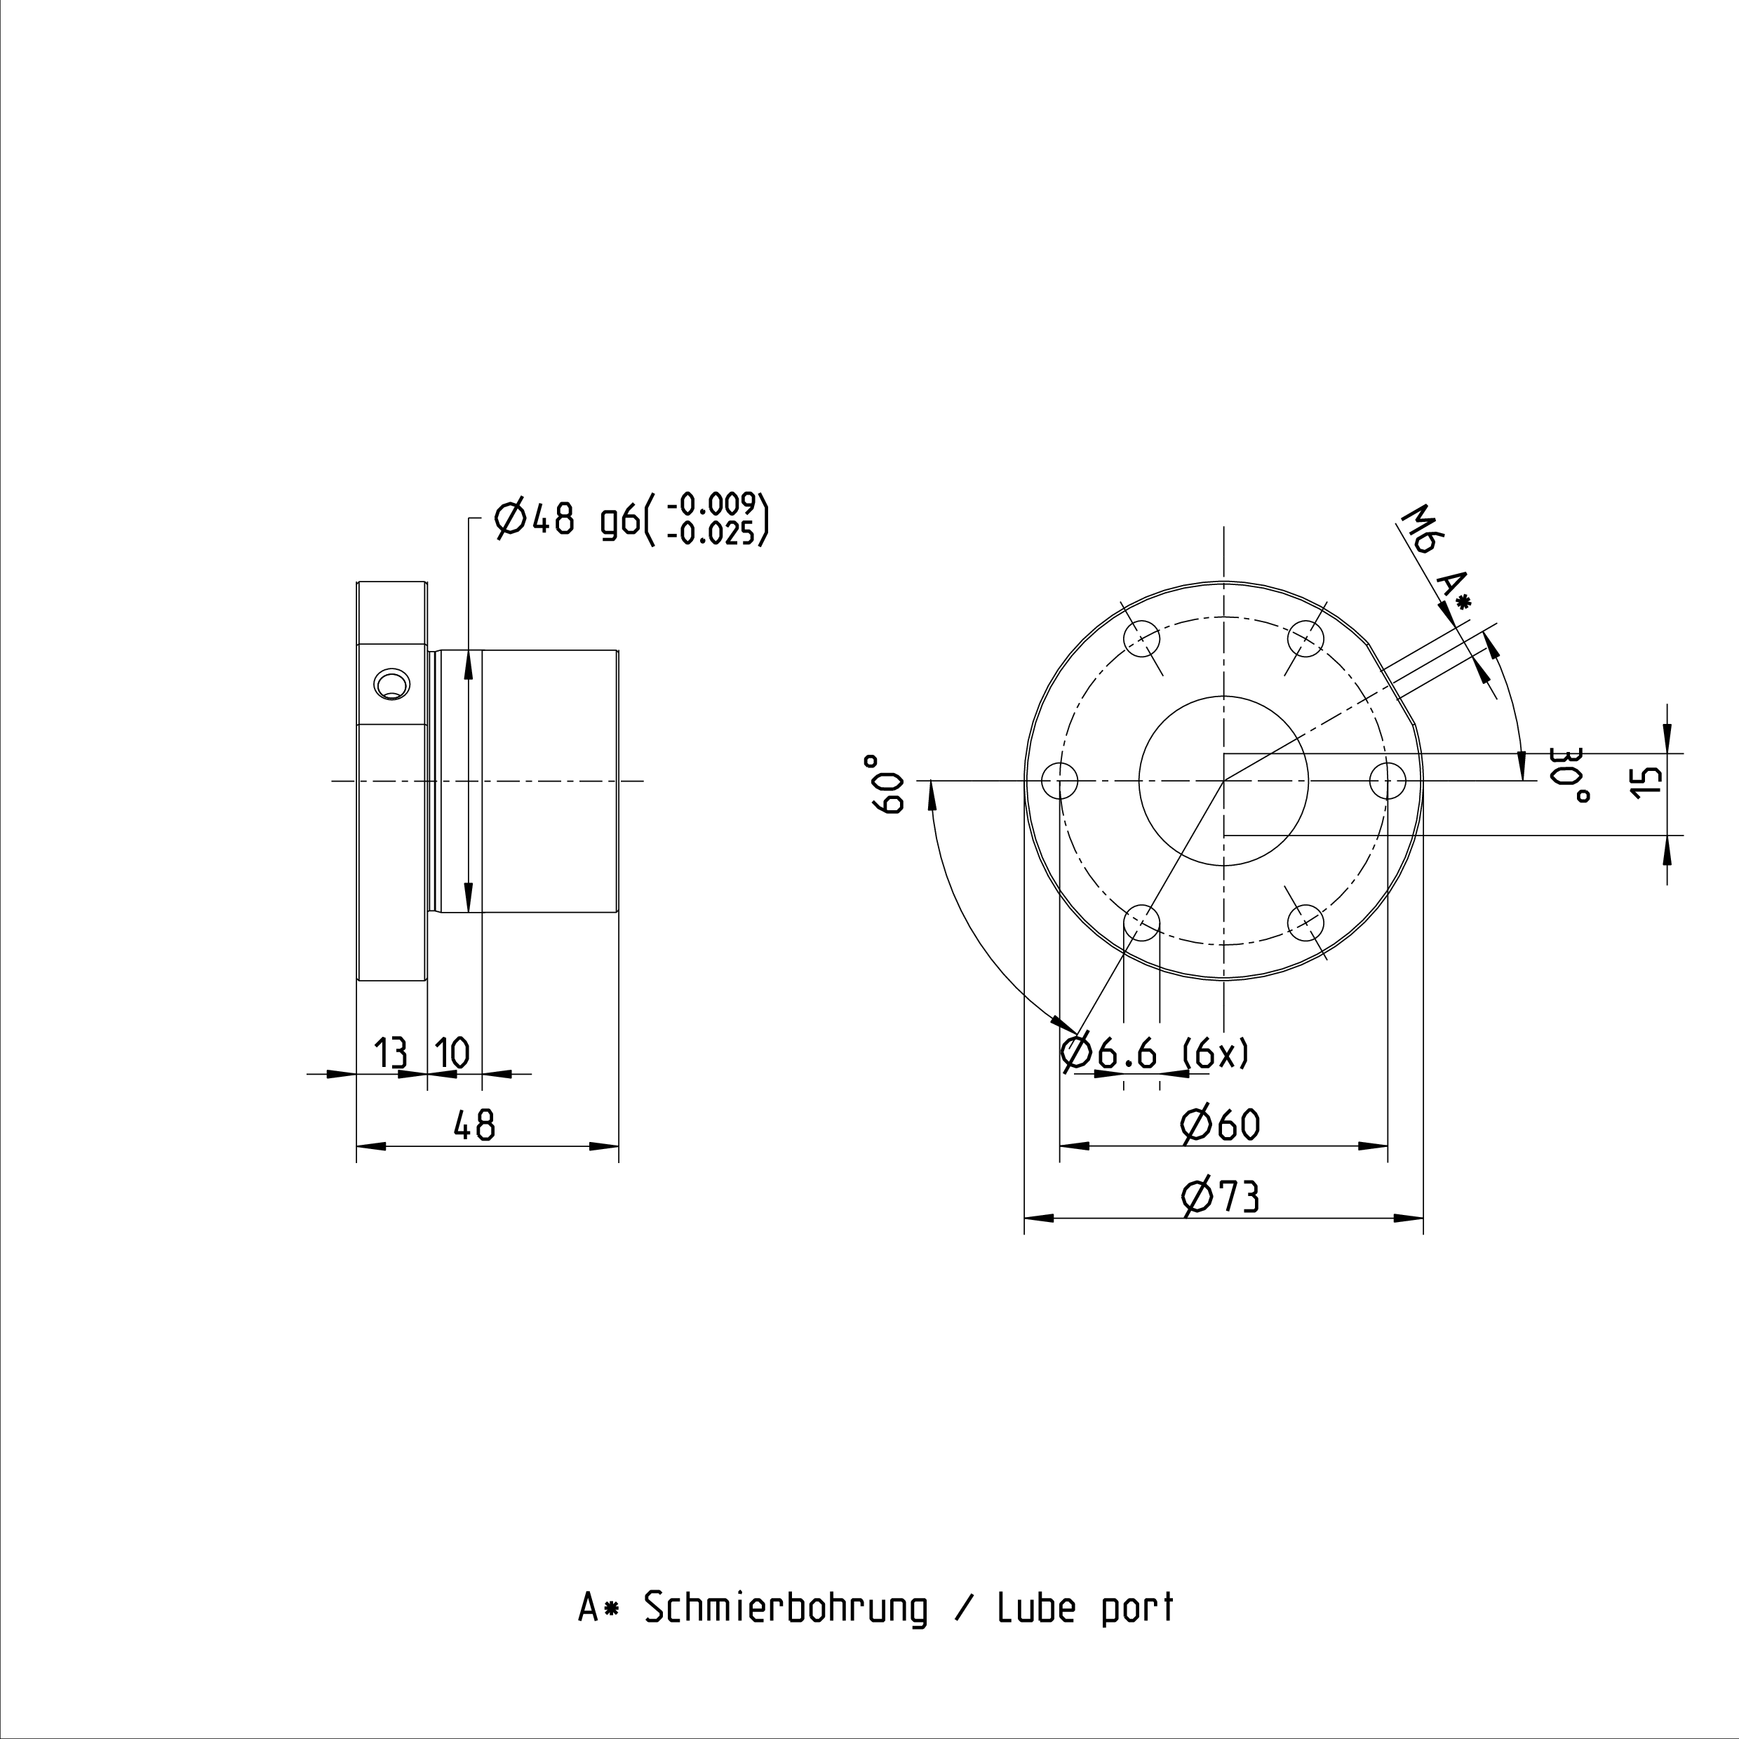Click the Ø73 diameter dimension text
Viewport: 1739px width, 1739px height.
[1220, 1196]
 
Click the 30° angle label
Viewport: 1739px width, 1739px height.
[1571, 776]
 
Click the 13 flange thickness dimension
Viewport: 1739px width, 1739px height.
[390, 1052]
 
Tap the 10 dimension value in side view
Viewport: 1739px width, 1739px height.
[452, 1052]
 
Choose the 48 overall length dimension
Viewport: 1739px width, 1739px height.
[474, 1124]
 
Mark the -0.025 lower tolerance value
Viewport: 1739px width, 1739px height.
[711, 535]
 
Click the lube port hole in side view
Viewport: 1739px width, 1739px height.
[391, 685]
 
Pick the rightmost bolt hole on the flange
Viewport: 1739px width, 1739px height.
[1388, 780]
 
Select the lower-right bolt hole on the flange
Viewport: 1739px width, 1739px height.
[1306, 922]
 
